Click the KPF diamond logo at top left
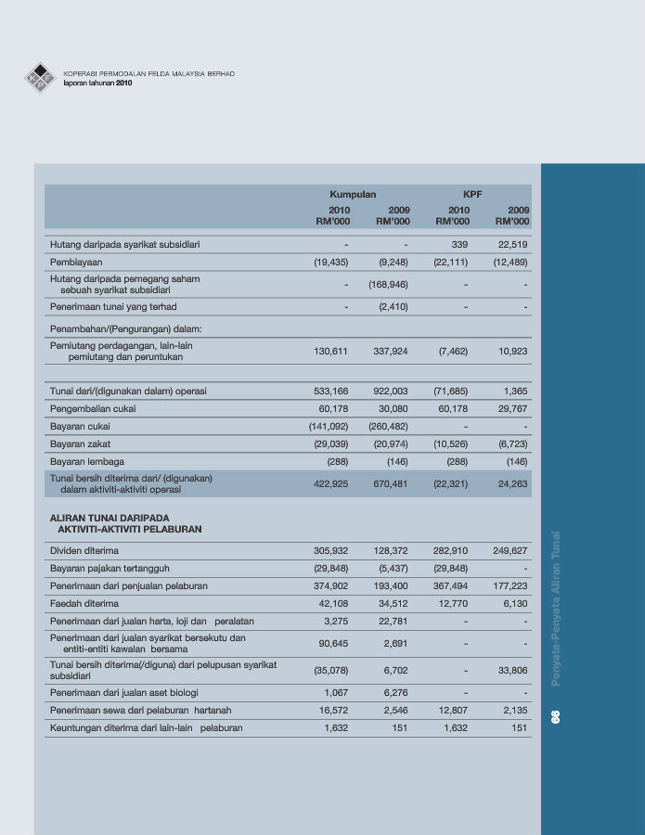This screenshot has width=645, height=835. pyautogui.click(x=41, y=78)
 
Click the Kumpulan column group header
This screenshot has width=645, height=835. pyautogui.click(x=353, y=195)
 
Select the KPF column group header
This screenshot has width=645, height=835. pyautogui.click(x=472, y=195)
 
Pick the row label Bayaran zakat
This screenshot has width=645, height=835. pyautogui.click(x=80, y=444)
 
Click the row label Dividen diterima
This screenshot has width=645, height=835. pyautogui.click(x=84, y=551)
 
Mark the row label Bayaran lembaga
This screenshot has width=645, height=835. pyautogui.click(x=87, y=462)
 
